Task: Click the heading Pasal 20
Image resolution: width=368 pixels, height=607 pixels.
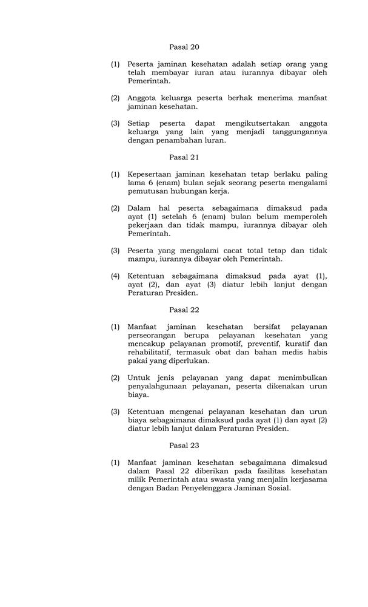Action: [184, 47]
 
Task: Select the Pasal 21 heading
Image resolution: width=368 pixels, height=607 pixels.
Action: [184, 157]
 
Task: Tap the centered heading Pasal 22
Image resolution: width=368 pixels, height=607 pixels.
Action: [184, 310]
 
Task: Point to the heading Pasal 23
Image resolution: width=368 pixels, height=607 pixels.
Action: [184, 445]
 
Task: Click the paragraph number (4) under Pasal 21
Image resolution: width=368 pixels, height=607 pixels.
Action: [115, 276]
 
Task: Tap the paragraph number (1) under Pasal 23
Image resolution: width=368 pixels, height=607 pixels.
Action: [115, 463]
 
